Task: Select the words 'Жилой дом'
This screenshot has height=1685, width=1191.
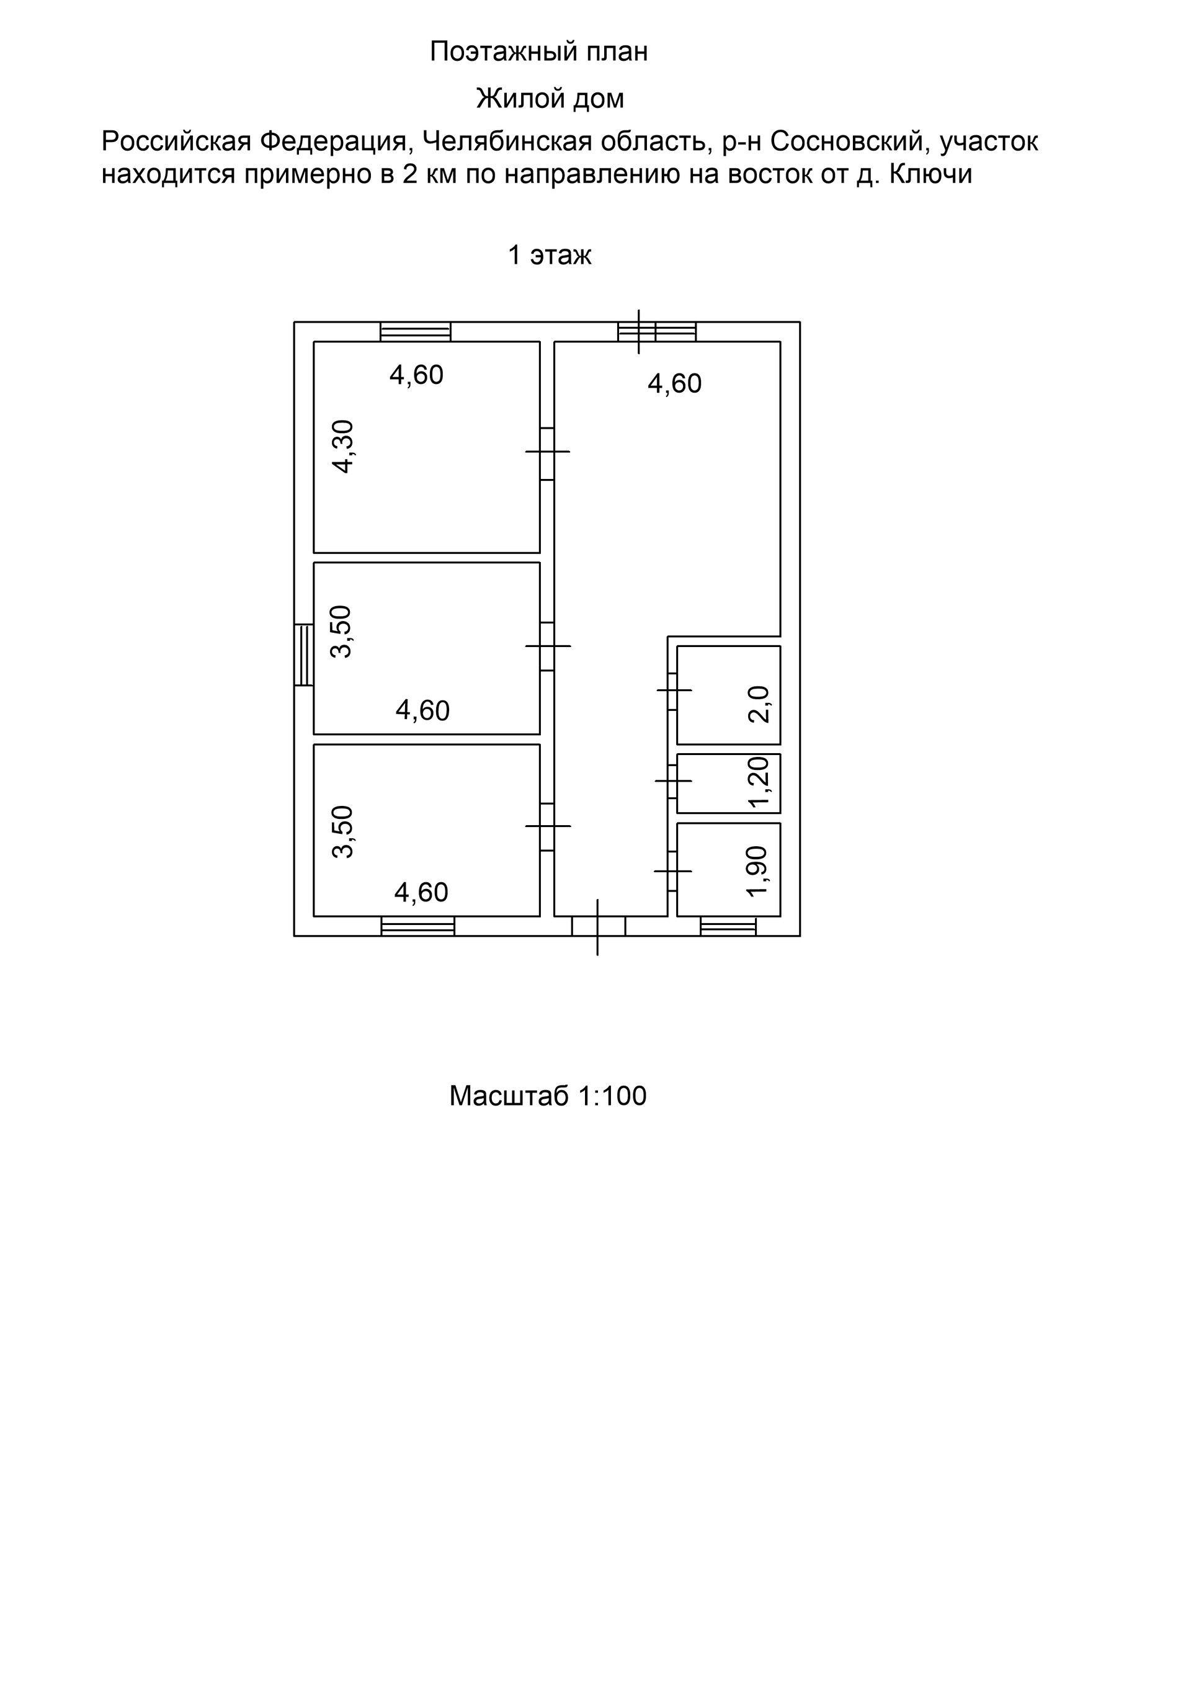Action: tap(550, 99)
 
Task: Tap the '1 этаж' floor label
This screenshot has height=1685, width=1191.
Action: tap(550, 254)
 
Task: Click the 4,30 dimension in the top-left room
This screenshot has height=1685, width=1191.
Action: tap(342, 446)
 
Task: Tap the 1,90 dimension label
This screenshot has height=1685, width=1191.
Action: tap(757, 870)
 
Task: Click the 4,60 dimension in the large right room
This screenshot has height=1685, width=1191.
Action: tap(674, 384)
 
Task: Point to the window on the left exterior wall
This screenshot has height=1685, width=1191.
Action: tap(304, 655)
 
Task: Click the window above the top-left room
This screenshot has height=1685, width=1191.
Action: tap(416, 332)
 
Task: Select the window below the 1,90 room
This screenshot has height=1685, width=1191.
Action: tap(728, 926)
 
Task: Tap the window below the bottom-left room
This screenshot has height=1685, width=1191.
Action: tap(417, 926)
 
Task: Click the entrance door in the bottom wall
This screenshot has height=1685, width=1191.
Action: tap(598, 926)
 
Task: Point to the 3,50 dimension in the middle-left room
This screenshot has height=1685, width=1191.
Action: tap(341, 631)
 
